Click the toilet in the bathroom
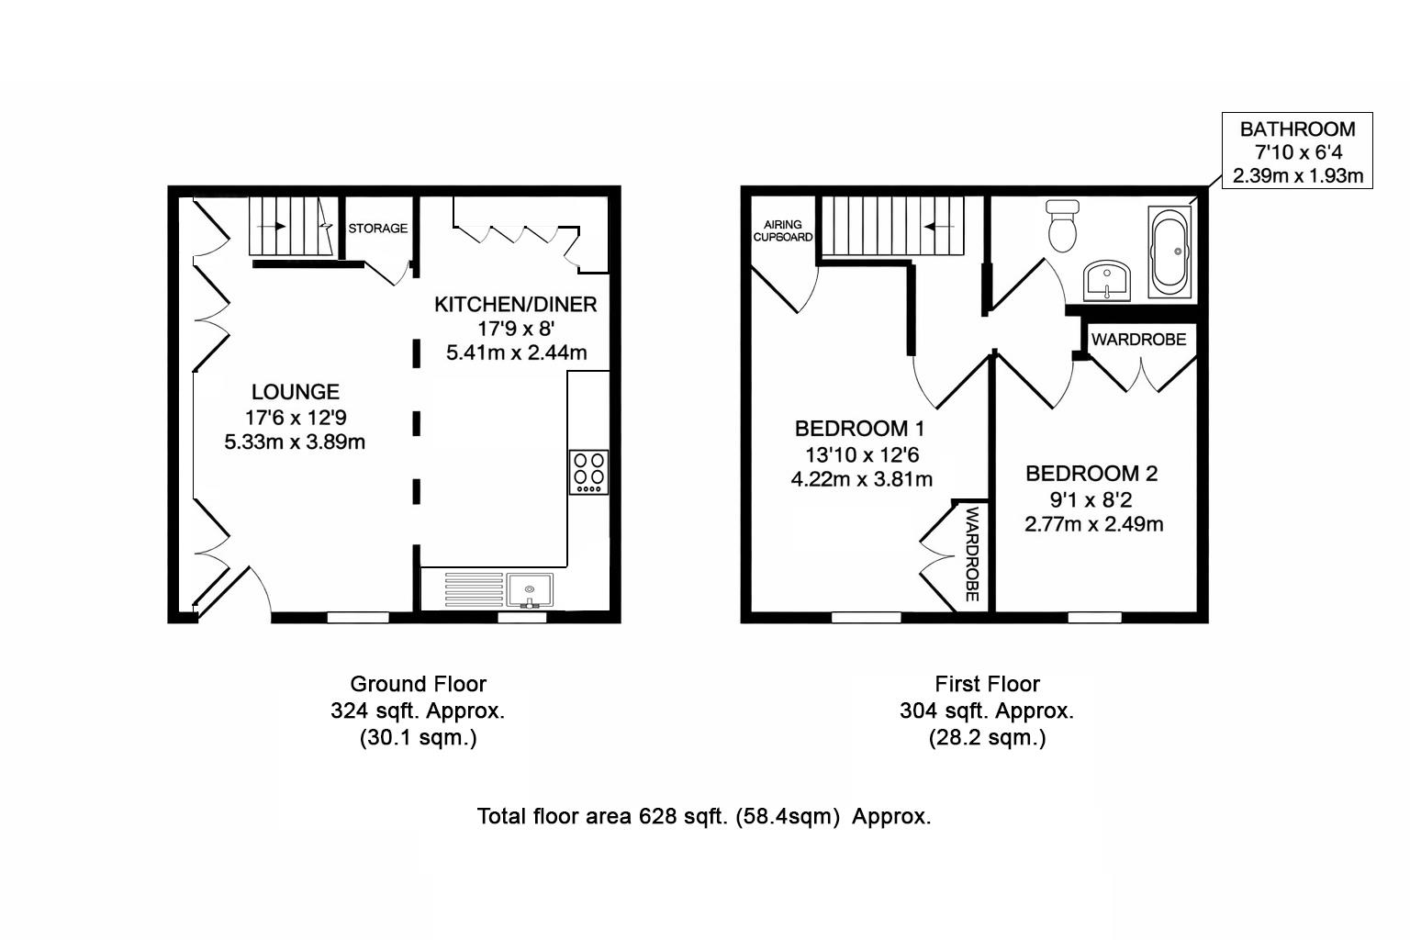[1063, 225]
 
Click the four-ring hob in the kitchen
[588, 472]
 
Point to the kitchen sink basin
[530, 590]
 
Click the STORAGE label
[377, 228]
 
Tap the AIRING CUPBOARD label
[783, 230]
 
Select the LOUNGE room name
[296, 392]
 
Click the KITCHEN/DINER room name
[515, 304]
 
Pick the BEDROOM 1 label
[859, 429]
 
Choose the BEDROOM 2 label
[1091, 474]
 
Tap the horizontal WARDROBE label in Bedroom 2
[1138, 340]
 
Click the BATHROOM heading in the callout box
[1297, 129]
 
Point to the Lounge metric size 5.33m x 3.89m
[295, 442]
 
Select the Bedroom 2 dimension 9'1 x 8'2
[1091, 499]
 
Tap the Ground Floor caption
[418, 684]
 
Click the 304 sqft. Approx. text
[987, 711]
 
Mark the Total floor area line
[704, 816]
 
